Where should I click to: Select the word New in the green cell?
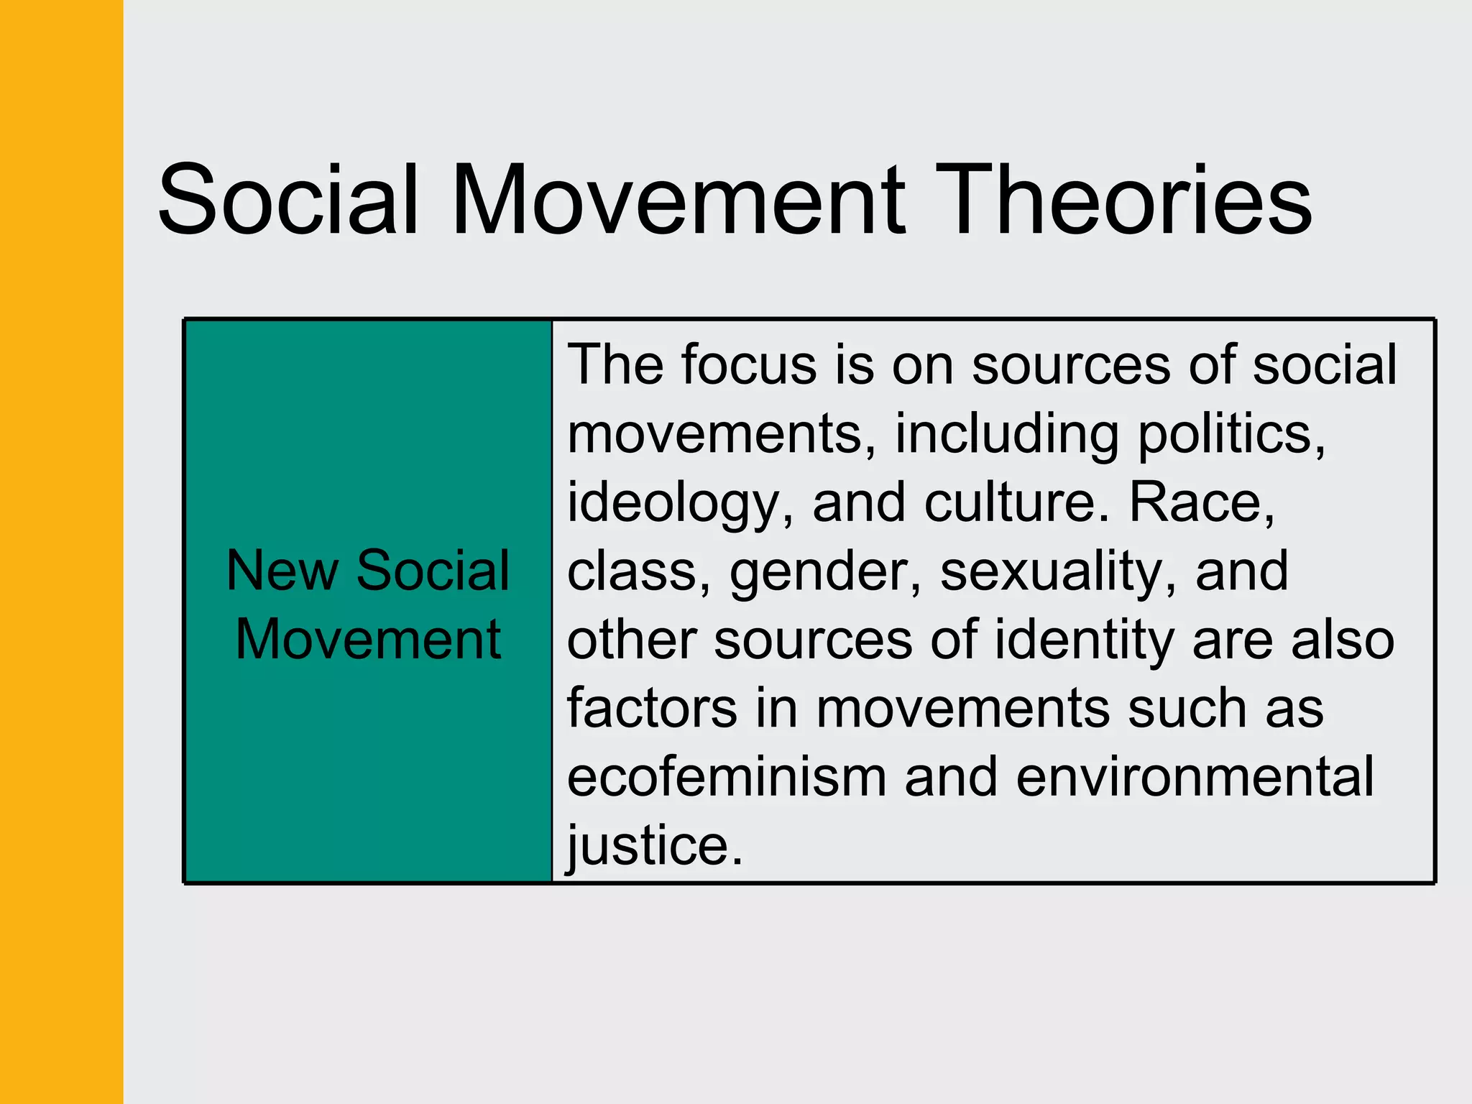click(x=282, y=571)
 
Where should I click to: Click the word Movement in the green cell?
click(x=368, y=639)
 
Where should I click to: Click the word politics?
click(x=1231, y=433)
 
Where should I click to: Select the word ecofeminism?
click(x=727, y=777)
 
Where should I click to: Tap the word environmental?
click(x=1195, y=777)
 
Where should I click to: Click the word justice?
click(x=654, y=846)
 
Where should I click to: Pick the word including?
click(x=1006, y=434)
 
